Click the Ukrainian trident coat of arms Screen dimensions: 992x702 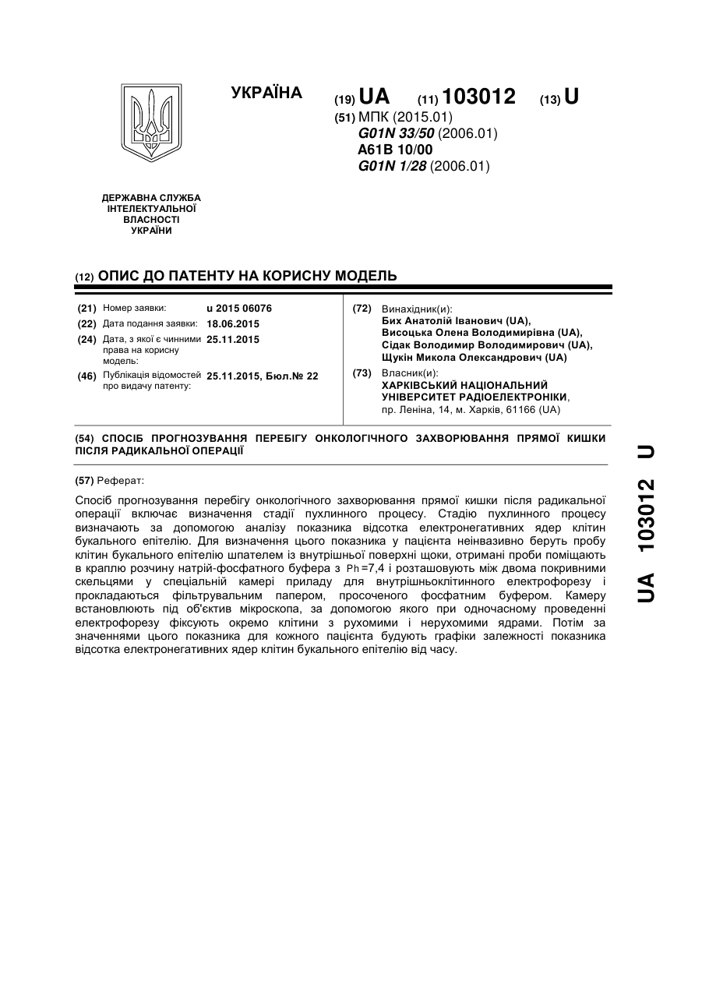click(x=151, y=123)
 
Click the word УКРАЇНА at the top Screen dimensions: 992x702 click(x=266, y=94)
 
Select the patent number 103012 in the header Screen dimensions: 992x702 click(x=478, y=97)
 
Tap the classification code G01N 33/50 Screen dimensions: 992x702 click(x=397, y=133)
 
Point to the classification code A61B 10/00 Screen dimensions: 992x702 click(x=395, y=150)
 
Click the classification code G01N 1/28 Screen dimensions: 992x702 click(x=393, y=166)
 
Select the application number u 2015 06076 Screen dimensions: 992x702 click(x=239, y=309)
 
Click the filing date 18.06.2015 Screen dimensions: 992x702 click(x=233, y=324)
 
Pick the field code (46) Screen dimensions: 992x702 click(x=87, y=376)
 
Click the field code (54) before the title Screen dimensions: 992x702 click(x=85, y=439)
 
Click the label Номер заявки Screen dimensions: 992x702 click(x=134, y=309)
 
